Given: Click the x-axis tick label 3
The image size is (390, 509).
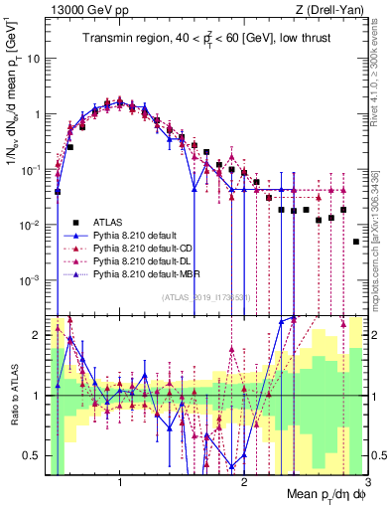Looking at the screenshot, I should point(367,483).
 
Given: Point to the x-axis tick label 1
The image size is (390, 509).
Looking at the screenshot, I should point(120,483).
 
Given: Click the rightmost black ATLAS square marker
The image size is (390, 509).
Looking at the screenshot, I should point(356,242).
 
